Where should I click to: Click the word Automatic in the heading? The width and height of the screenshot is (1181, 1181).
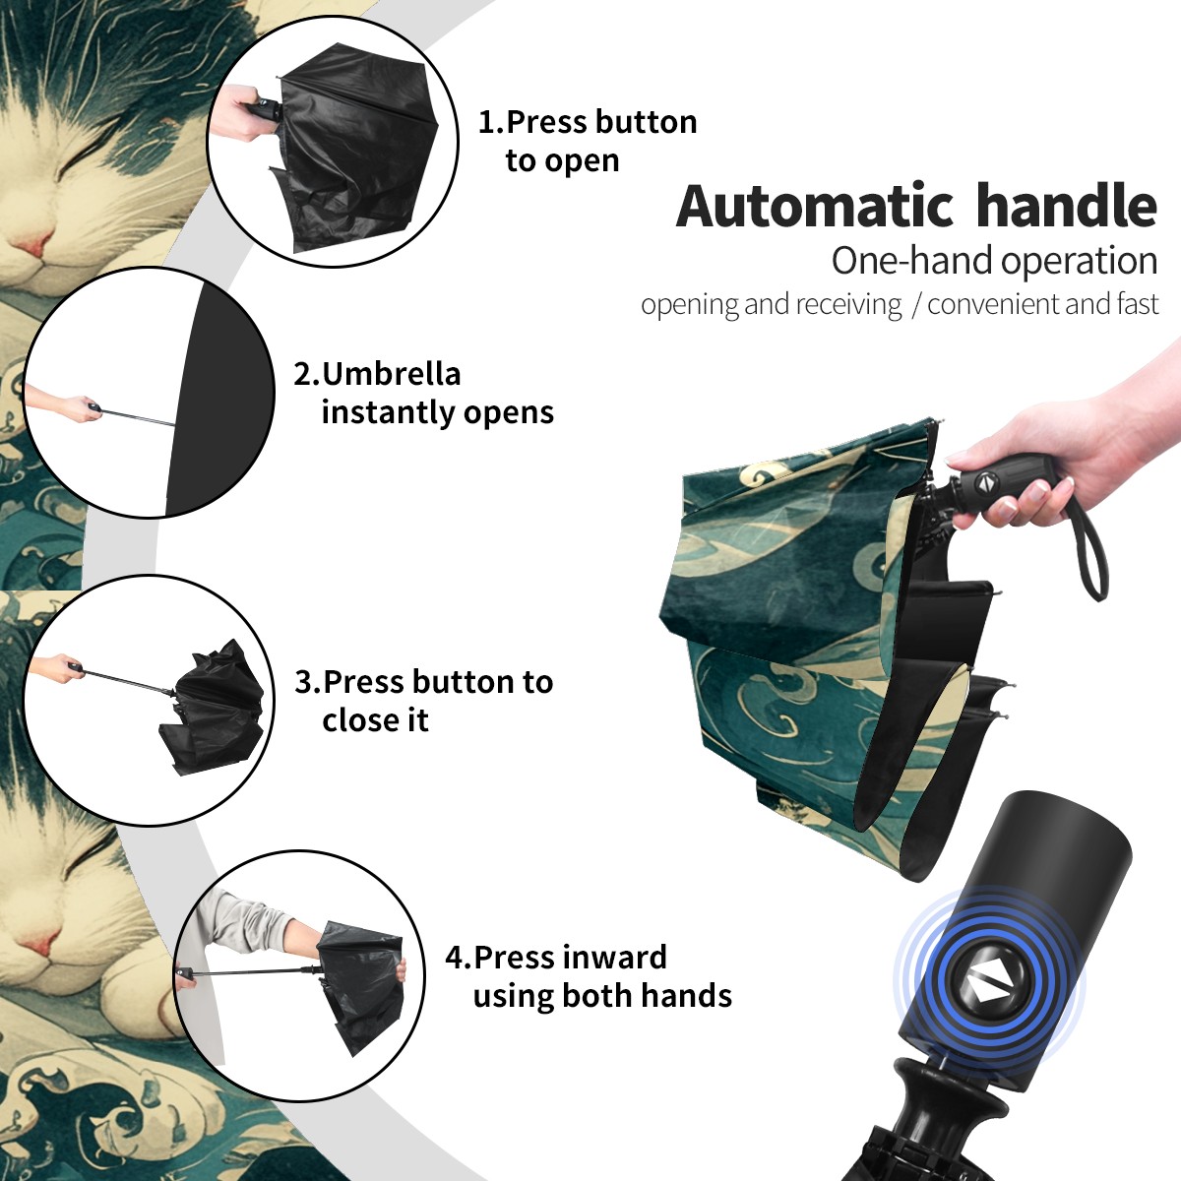(815, 206)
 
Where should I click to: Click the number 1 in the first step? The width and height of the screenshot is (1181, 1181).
(485, 122)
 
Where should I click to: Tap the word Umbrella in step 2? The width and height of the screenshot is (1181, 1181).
(391, 374)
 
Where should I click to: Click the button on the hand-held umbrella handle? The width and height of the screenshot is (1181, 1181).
(985, 483)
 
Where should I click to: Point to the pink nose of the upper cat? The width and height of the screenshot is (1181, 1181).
(33, 244)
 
